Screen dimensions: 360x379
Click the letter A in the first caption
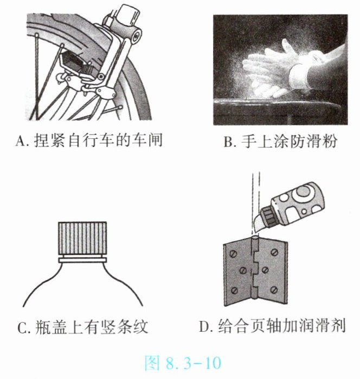click(x=21, y=141)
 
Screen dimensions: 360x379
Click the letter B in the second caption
click(x=228, y=142)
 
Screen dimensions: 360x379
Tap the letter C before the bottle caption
click(x=22, y=327)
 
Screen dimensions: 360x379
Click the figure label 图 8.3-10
click(x=183, y=363)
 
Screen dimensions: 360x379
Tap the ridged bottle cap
click(x=82, y=239)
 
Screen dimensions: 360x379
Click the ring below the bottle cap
click(x=82, y=260)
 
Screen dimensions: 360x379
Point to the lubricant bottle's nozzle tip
click(x=255, y=230)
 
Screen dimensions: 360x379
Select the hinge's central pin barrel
click(x=255, y=268)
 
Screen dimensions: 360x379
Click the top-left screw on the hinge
click(x=234, y=254)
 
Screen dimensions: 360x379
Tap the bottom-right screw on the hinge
click(x=274, y=289)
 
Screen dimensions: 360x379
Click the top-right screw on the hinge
click(x=274, y=252)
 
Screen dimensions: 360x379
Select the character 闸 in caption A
click(x=155, y=140)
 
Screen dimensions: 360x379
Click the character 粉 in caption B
click(x=329, y=141)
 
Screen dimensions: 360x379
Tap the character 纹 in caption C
click(x=140, y=327)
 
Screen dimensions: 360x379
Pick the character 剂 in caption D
click(x=338, y=326)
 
